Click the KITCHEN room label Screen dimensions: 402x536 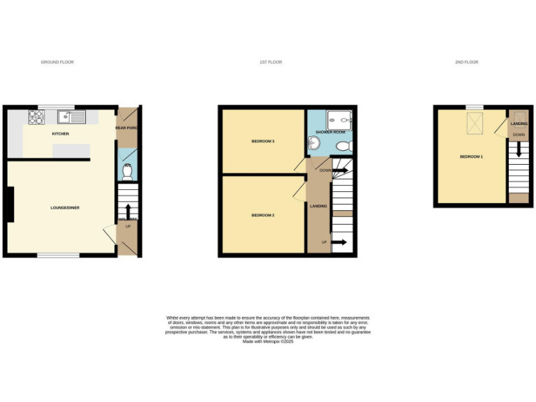click(x=61, y=133)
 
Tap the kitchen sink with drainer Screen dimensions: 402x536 click(x=71, y=116)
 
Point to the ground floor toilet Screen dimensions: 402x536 click(x=127, y=171)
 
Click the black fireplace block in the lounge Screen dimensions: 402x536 click(x=9, y=204)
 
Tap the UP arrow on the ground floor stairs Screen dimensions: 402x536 click(x=128, y=210)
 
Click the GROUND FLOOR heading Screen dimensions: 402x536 click(x=57, y=62)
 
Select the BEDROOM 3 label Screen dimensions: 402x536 click(x=262, y=142)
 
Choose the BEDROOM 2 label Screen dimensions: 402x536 click(x=262, y=215)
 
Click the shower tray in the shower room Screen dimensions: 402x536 click(x=340, y=119)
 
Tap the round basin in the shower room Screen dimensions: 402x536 click(x=314, y=143)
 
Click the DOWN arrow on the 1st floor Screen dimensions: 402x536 click(x=341, y=170)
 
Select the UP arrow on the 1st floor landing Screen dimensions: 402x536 click(x=338, y=242)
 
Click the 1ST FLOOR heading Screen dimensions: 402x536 click(x=271, y=62)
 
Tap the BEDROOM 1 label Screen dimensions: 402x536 click(x=471, y=156)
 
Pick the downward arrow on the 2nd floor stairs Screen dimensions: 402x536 click(x=518, y=148)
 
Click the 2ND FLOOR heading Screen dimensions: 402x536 click(x=467, y=62)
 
